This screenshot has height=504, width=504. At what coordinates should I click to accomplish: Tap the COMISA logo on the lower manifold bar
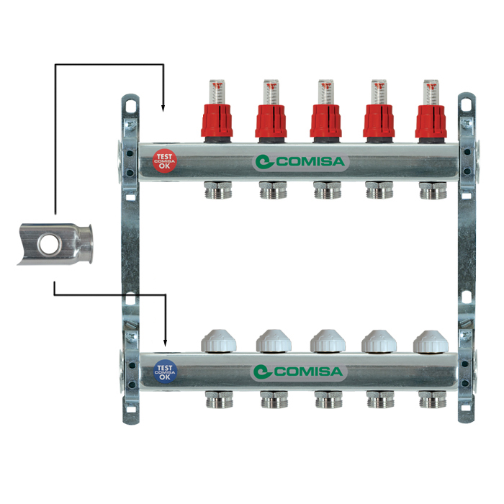pyautogui.click(x=300, y=372)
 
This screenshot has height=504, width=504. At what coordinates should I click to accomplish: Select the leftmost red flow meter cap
pyautogui.click(x=217, y=120)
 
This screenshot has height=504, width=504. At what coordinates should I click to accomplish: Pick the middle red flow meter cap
pyautogui.click(x=325, y=120)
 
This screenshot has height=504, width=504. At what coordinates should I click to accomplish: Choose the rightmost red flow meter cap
pyautogui.click(x=432, y=120)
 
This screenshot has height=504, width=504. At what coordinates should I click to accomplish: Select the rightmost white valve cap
pyautogui.click(x=432, y=341)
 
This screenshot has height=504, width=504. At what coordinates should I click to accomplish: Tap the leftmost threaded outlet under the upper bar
pyautogui.click(x=217, y=191)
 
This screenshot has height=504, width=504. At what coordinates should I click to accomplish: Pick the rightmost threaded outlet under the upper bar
pyautogui.click(x=432, y=191)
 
